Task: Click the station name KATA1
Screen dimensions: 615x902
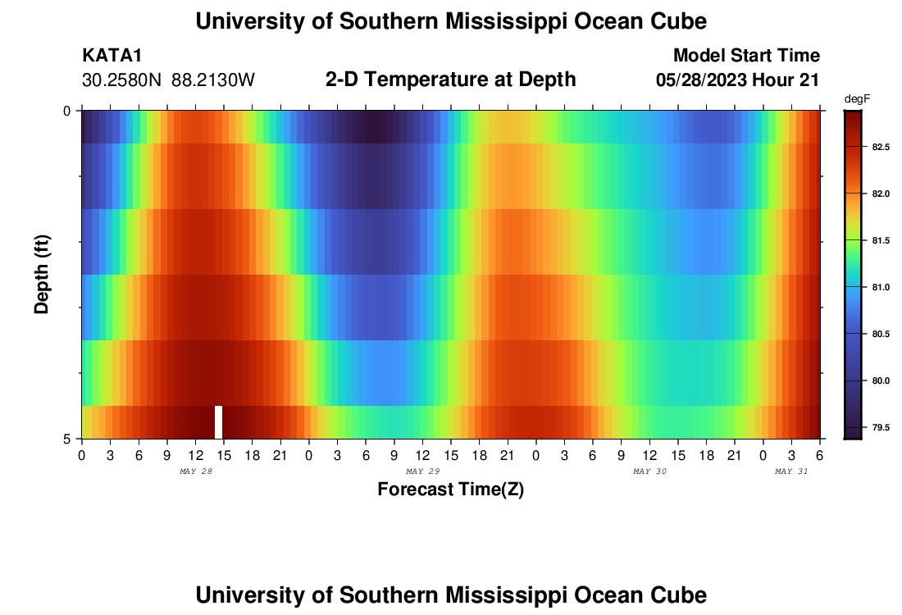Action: pyautogui.click(x=112, y=56)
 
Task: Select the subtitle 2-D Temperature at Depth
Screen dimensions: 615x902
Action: pyautogui.click(x=450, y=80)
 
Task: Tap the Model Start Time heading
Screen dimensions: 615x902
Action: pyautogui.click(x=745, y=56)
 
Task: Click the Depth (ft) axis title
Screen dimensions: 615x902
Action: pyautogui.click(x=42, y=275)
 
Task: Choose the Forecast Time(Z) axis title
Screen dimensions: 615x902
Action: pyautogui.click(x=450, y=490)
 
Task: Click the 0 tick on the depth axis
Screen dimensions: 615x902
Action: pyautogui.click(x=68, y=111)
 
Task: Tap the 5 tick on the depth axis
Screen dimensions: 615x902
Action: pyautogui.click(x=68, y=439)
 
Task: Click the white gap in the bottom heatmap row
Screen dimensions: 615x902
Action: pyautogui.click(x=219, y=421)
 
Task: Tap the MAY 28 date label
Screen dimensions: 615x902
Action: pyautogui.click(x=195, y=471)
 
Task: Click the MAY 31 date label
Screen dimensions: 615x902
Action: pyautogui.click(x=791, y=471)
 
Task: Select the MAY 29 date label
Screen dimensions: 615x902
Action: pyautogui.click(x=423, y=471)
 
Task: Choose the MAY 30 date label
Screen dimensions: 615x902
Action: pyautogui.click(x=650, y=471)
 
